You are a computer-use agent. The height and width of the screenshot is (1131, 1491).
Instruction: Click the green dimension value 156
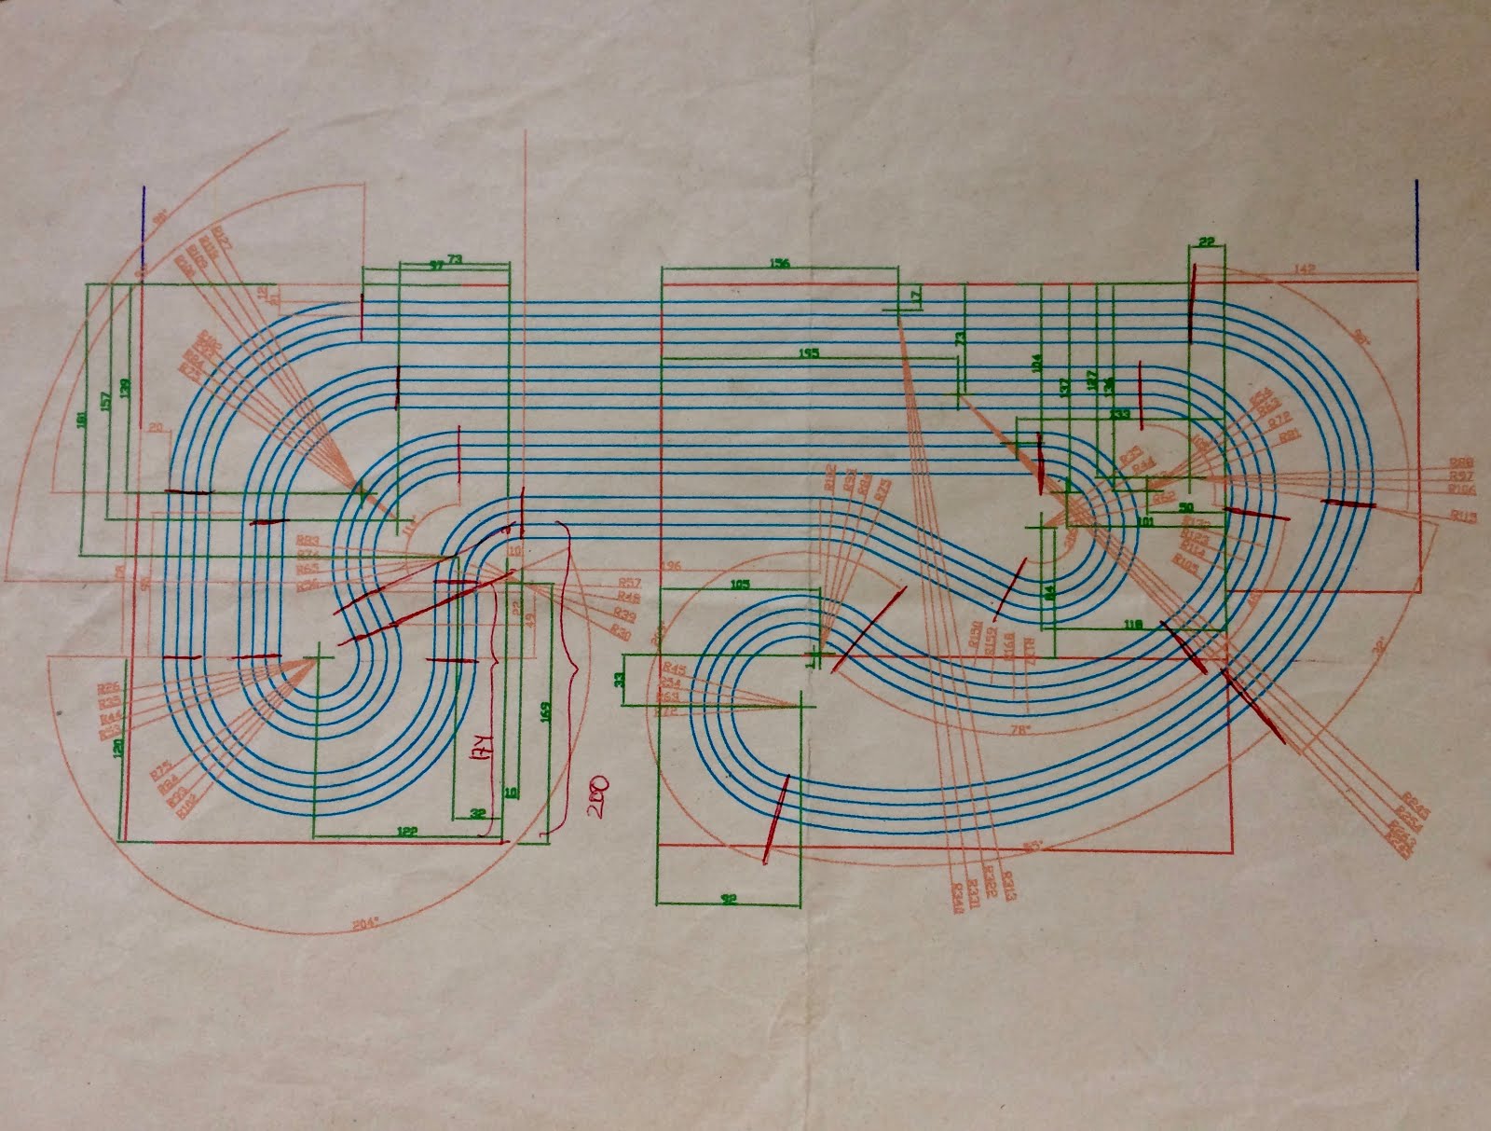(779, 263)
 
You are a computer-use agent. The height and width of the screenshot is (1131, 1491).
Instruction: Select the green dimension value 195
(809, 352)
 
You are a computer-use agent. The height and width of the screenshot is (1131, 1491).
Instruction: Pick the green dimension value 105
(740, 585)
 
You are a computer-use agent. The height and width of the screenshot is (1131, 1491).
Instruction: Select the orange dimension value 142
(1304, 269)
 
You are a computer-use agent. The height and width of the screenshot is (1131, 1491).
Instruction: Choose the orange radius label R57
(628, 583)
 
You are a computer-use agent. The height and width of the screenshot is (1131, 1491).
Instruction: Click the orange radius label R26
(107, 689)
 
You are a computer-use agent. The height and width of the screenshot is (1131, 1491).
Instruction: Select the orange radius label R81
(1290, 434)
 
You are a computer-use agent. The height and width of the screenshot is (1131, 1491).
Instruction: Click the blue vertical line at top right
(1416, 225)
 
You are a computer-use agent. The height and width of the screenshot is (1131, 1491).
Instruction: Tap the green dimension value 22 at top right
(1207, 242)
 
